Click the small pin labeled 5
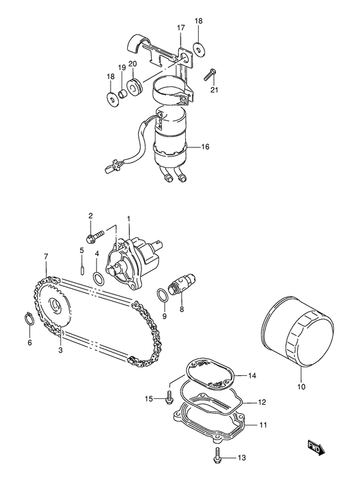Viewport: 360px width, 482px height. (83, 267)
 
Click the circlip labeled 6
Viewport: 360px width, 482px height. (29, 318)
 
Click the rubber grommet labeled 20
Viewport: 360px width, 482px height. (135, 88)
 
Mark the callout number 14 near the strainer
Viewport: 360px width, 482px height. (253, 375)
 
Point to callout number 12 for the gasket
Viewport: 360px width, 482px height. (262, 403)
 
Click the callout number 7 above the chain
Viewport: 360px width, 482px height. (46, 257)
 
